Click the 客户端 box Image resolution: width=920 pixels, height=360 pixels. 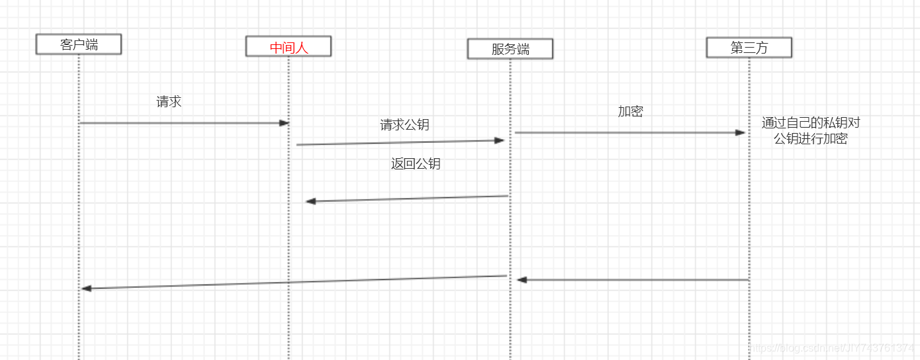[x=79, y=44]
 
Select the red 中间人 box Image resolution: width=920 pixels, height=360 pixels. [x=289, y=47]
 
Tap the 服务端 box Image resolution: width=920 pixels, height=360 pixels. [x=510, y=49]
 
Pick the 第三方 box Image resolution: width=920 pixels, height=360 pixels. [x=749, y=48]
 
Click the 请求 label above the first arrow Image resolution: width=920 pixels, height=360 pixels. [x=169, y=102]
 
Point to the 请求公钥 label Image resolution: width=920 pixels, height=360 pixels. [x=404, y=124]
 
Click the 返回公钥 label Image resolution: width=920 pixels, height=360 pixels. [x=416, y=164]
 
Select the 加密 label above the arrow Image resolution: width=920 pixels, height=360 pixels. [x=630, y=111]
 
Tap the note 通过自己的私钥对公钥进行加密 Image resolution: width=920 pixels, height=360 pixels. [x=811, y=131]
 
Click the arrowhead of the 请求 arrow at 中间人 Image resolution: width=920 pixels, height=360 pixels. [x=285, y=123]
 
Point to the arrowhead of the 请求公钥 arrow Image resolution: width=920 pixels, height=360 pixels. [x=500, y=140]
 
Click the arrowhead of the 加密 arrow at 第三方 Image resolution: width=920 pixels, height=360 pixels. [x=741, y=132]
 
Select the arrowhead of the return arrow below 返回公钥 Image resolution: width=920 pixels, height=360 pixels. [x=310, y=201]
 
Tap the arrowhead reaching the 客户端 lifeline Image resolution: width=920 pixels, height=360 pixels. [x=86, y=288]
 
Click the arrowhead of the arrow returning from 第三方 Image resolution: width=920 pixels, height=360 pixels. [x=522, y=280]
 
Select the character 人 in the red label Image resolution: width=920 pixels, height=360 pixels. [x=302, y=47]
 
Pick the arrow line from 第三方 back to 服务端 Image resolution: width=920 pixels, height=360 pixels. [x=635, y=280]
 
